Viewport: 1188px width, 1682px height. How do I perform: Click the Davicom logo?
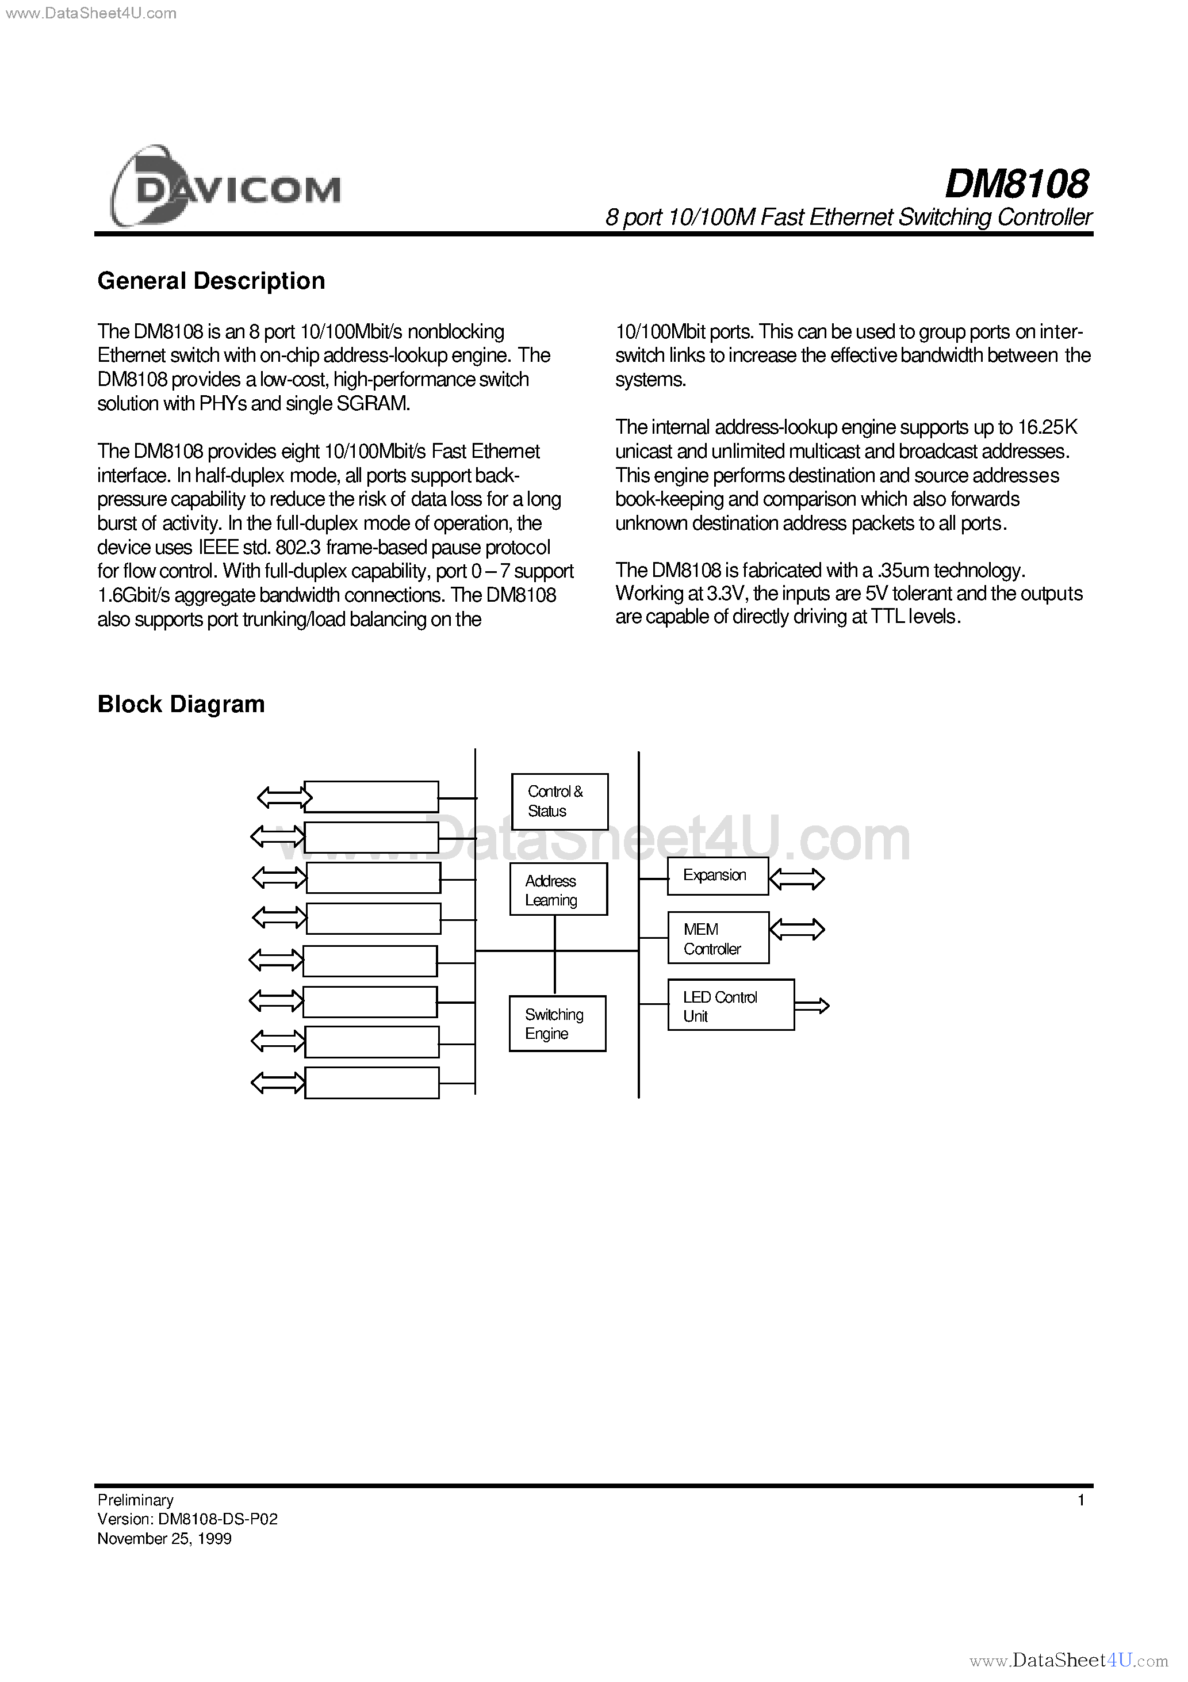coord(225,187)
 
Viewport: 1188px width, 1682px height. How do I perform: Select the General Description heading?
coord(211,281)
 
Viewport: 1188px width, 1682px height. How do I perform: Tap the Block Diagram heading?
coord(181,704)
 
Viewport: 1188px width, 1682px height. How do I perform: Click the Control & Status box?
coord(559,801)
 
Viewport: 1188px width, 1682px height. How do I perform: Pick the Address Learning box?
coord(558,889)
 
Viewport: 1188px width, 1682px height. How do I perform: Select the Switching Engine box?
coord(557,1023)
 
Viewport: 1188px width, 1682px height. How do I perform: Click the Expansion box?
coord(717,876)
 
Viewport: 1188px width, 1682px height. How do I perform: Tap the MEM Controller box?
coord(718,938)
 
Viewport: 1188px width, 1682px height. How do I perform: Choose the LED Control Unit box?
coord(730,1005)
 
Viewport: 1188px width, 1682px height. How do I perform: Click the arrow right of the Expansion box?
coord(797,878)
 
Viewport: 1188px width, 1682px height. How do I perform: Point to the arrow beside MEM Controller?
coord(797,930)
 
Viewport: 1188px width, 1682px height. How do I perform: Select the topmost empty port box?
coord(371,796)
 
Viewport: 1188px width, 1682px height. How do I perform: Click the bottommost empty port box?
coord(371,1083)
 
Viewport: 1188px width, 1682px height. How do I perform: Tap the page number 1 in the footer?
coord(1081,1500)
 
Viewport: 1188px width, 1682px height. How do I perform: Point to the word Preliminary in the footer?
coord(136,1500)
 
